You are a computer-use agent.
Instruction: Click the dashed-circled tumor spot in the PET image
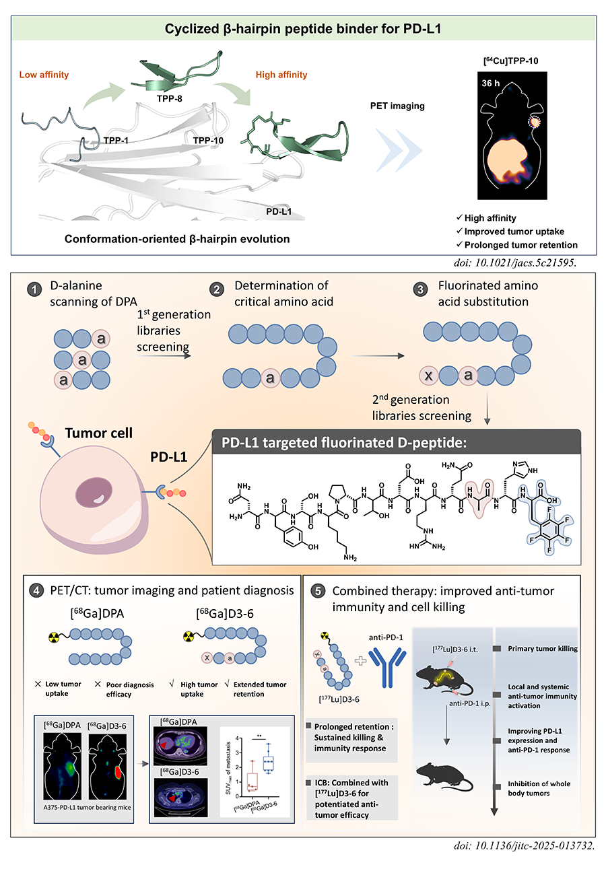535,123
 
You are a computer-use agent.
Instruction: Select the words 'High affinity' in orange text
281,75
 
